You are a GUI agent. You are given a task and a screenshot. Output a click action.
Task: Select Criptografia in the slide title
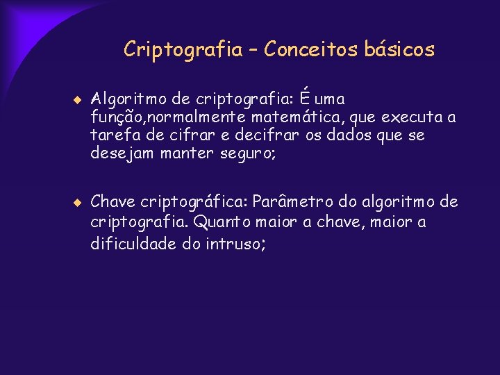(x=183, y=50)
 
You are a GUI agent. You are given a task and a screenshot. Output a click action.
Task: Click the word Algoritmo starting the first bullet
(x=127, y=99)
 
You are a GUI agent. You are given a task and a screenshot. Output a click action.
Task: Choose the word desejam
(x=122, y=153)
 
